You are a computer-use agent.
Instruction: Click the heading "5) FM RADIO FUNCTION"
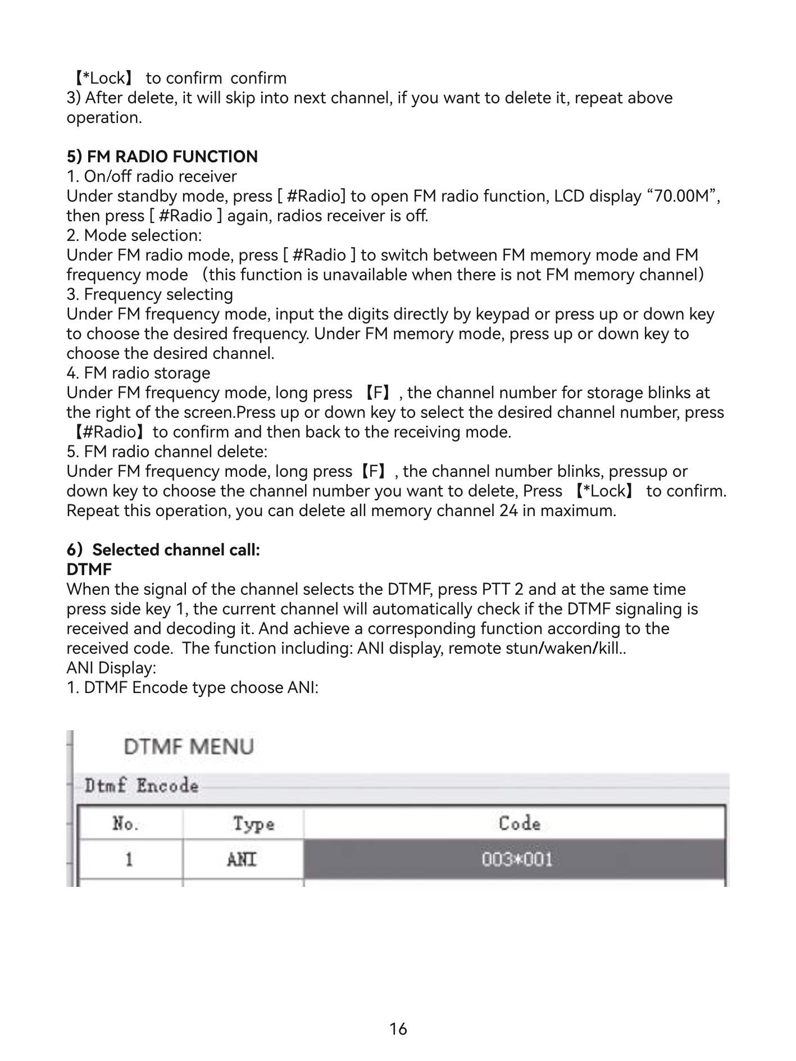tap(162, 157)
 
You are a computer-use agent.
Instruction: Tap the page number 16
tap(398, 1029)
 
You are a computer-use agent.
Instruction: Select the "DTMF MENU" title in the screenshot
tap(189, 747)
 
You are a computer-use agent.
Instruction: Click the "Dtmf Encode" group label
tap(142, 786)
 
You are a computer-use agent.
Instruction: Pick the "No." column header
tap(125, 824)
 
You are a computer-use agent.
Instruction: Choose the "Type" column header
tap(254, 824)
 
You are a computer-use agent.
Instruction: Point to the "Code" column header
tap(520, 823)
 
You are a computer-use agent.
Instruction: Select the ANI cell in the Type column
tap(242, 859)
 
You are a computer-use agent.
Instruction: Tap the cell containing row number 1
tap(129, 859)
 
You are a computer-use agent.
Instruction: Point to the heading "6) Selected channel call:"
tap(163, 550)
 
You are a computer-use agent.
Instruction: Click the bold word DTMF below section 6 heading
tap(89, 570)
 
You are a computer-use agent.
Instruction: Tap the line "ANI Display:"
tap(111, 668)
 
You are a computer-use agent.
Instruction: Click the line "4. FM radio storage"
tap(138, 373)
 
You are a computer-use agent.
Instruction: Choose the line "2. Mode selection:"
tap(134, 235)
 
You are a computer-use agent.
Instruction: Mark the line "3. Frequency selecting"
tap(149, 294)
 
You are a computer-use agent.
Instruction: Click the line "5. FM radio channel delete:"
tap(167, 452)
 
